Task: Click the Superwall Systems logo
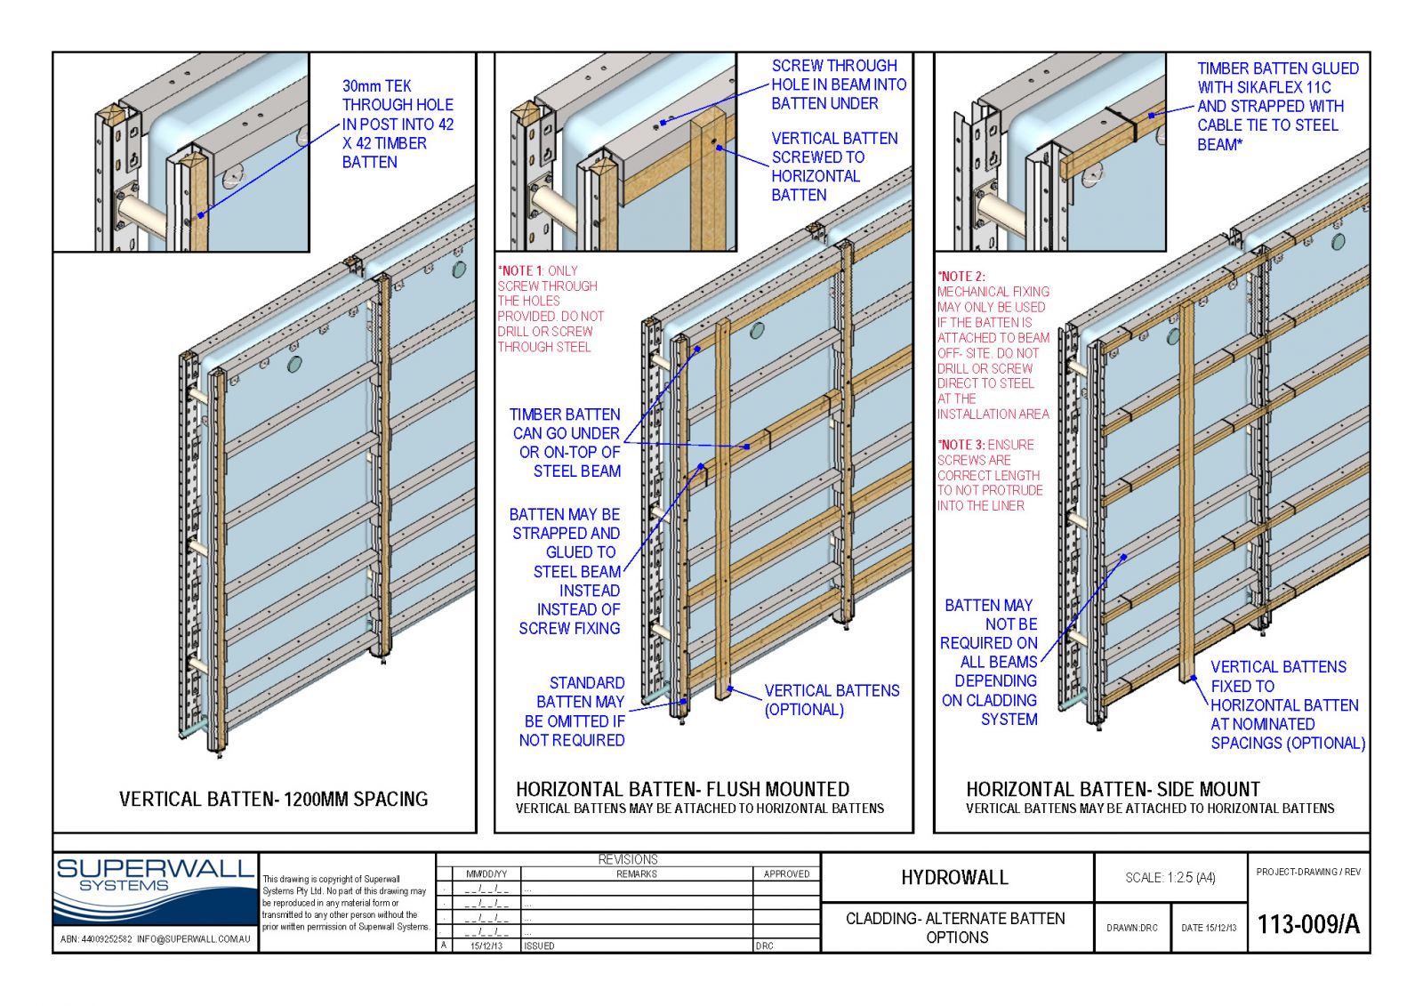155,889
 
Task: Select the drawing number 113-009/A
1307,925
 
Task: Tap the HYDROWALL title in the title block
954,878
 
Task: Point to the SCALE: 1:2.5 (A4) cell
1170,878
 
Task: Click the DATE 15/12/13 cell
1208,928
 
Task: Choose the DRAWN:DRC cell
1131,928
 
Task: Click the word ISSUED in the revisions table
539,946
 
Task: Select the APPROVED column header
786,873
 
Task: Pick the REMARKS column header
636,873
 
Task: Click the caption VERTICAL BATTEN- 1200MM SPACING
273,799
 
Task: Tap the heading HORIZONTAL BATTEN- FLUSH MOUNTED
682,789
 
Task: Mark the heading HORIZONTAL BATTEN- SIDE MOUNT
1113,789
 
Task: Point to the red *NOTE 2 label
961,277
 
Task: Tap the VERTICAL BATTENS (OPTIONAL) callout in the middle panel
831,700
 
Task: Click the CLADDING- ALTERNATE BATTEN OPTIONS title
955,928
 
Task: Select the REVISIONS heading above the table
628,859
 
